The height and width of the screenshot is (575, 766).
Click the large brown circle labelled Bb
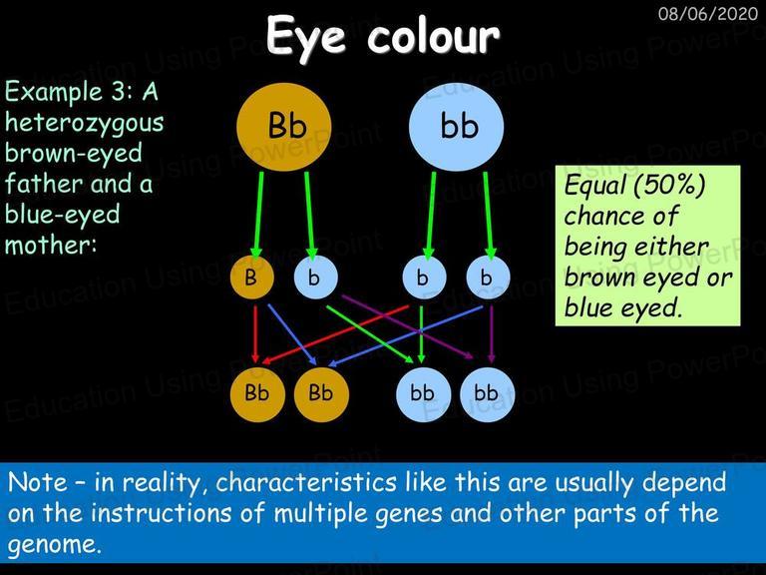(x=284, y=127)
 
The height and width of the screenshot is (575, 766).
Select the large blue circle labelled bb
(x=456, y=127)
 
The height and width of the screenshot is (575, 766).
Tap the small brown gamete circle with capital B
(x=252, y=278)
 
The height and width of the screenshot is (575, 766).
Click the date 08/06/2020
(x=708, y=13)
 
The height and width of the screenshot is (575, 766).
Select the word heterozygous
(x=84, y=123)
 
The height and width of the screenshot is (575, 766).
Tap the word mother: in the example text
(x=51, y=245)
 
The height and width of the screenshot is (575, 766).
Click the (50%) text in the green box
(x=669, y=186)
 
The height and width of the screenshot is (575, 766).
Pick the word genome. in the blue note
(x=54, y=545)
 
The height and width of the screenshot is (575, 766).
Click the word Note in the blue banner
(x=38, y=482)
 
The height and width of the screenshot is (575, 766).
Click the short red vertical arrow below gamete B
(x=255, y=334)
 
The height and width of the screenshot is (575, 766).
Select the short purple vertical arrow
(x=492, y=334)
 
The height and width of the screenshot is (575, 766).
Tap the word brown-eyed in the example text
(x=74, y=154)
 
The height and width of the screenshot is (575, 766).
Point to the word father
(x=44, y=184)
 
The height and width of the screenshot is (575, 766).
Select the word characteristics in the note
(x=306, y=482)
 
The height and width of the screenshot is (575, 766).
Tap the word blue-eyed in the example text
(x=63, y=215)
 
